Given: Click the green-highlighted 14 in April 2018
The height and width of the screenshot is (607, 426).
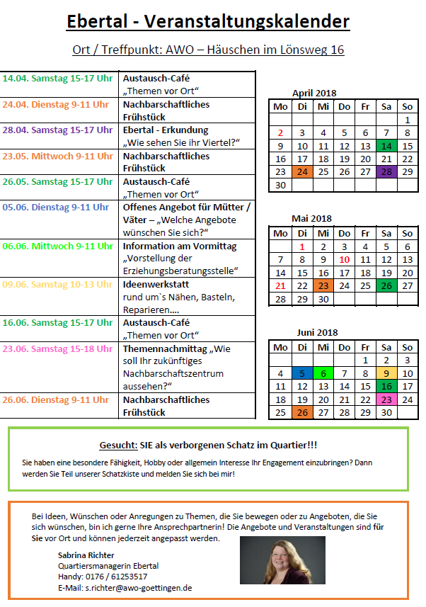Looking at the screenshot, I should (x=386, y=146).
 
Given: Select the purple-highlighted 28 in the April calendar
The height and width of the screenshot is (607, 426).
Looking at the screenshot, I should (x=386, y=171).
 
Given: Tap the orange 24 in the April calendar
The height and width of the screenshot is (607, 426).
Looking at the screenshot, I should (x=302, y=171).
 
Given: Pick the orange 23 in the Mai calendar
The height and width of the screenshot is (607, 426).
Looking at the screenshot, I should (x=323, y=285).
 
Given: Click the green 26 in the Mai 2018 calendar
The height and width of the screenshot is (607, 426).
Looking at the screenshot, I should (x=386, y=285).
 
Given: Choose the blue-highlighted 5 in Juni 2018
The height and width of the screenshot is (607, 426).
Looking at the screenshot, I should (x=302, y=373).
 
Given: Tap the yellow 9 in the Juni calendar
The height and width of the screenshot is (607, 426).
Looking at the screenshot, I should (x=386, y=373).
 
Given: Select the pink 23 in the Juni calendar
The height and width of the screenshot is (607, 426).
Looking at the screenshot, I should (x=386, y=399).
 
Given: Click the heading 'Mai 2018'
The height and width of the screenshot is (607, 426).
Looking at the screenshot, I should (x=311, y=218).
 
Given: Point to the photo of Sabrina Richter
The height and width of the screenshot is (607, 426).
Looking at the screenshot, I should (x=282, y=564).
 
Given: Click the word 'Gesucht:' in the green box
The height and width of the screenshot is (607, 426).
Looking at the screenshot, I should (x=118, y=445).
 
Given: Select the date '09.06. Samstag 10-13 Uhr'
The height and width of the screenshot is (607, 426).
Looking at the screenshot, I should (x=57, y=284).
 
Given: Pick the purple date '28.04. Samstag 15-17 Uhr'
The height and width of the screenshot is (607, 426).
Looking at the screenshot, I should (x=57, y=130).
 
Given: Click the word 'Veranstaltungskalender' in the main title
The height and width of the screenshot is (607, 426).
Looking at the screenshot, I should (x=246, y=22).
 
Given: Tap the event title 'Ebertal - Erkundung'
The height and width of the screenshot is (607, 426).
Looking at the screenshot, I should (x=166, y=130).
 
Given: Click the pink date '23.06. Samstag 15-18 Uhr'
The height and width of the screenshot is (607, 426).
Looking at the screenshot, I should (x=57, y=348).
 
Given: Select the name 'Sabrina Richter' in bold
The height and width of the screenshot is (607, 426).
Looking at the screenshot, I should (x=86, y=555).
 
